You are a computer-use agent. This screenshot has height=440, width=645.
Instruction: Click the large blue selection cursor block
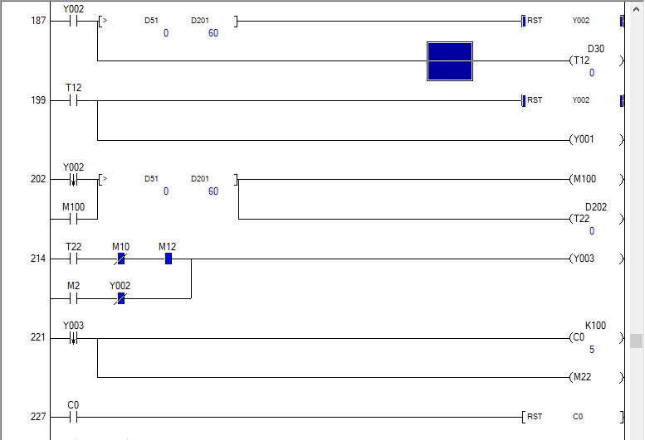(x=450, y=61)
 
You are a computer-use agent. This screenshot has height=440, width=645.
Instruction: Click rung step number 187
(x=38, y=21)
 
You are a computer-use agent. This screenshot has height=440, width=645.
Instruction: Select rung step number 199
(x=38, y=100)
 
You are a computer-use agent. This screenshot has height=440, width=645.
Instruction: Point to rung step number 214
(x=38, y=259)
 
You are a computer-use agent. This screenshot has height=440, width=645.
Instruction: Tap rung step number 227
(x=38, y=417)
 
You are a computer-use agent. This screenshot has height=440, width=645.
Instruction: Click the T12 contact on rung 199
(x=73, y=100)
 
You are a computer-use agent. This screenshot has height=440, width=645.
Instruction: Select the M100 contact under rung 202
(x=73, y=219)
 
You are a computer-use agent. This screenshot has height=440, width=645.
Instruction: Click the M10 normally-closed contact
(x=120, y=259)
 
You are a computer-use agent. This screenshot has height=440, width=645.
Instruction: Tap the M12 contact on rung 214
(x=168, y=259)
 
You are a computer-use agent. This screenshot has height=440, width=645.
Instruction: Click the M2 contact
(x=73, y=298)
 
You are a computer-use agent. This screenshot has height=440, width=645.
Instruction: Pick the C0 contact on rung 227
(x=73, y=417)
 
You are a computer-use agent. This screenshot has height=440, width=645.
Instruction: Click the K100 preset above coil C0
(x=595, y=326)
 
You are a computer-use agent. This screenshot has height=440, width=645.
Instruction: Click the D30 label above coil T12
(x=595, y=49)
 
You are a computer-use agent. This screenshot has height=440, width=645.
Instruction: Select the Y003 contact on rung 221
(x=73, y=338)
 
